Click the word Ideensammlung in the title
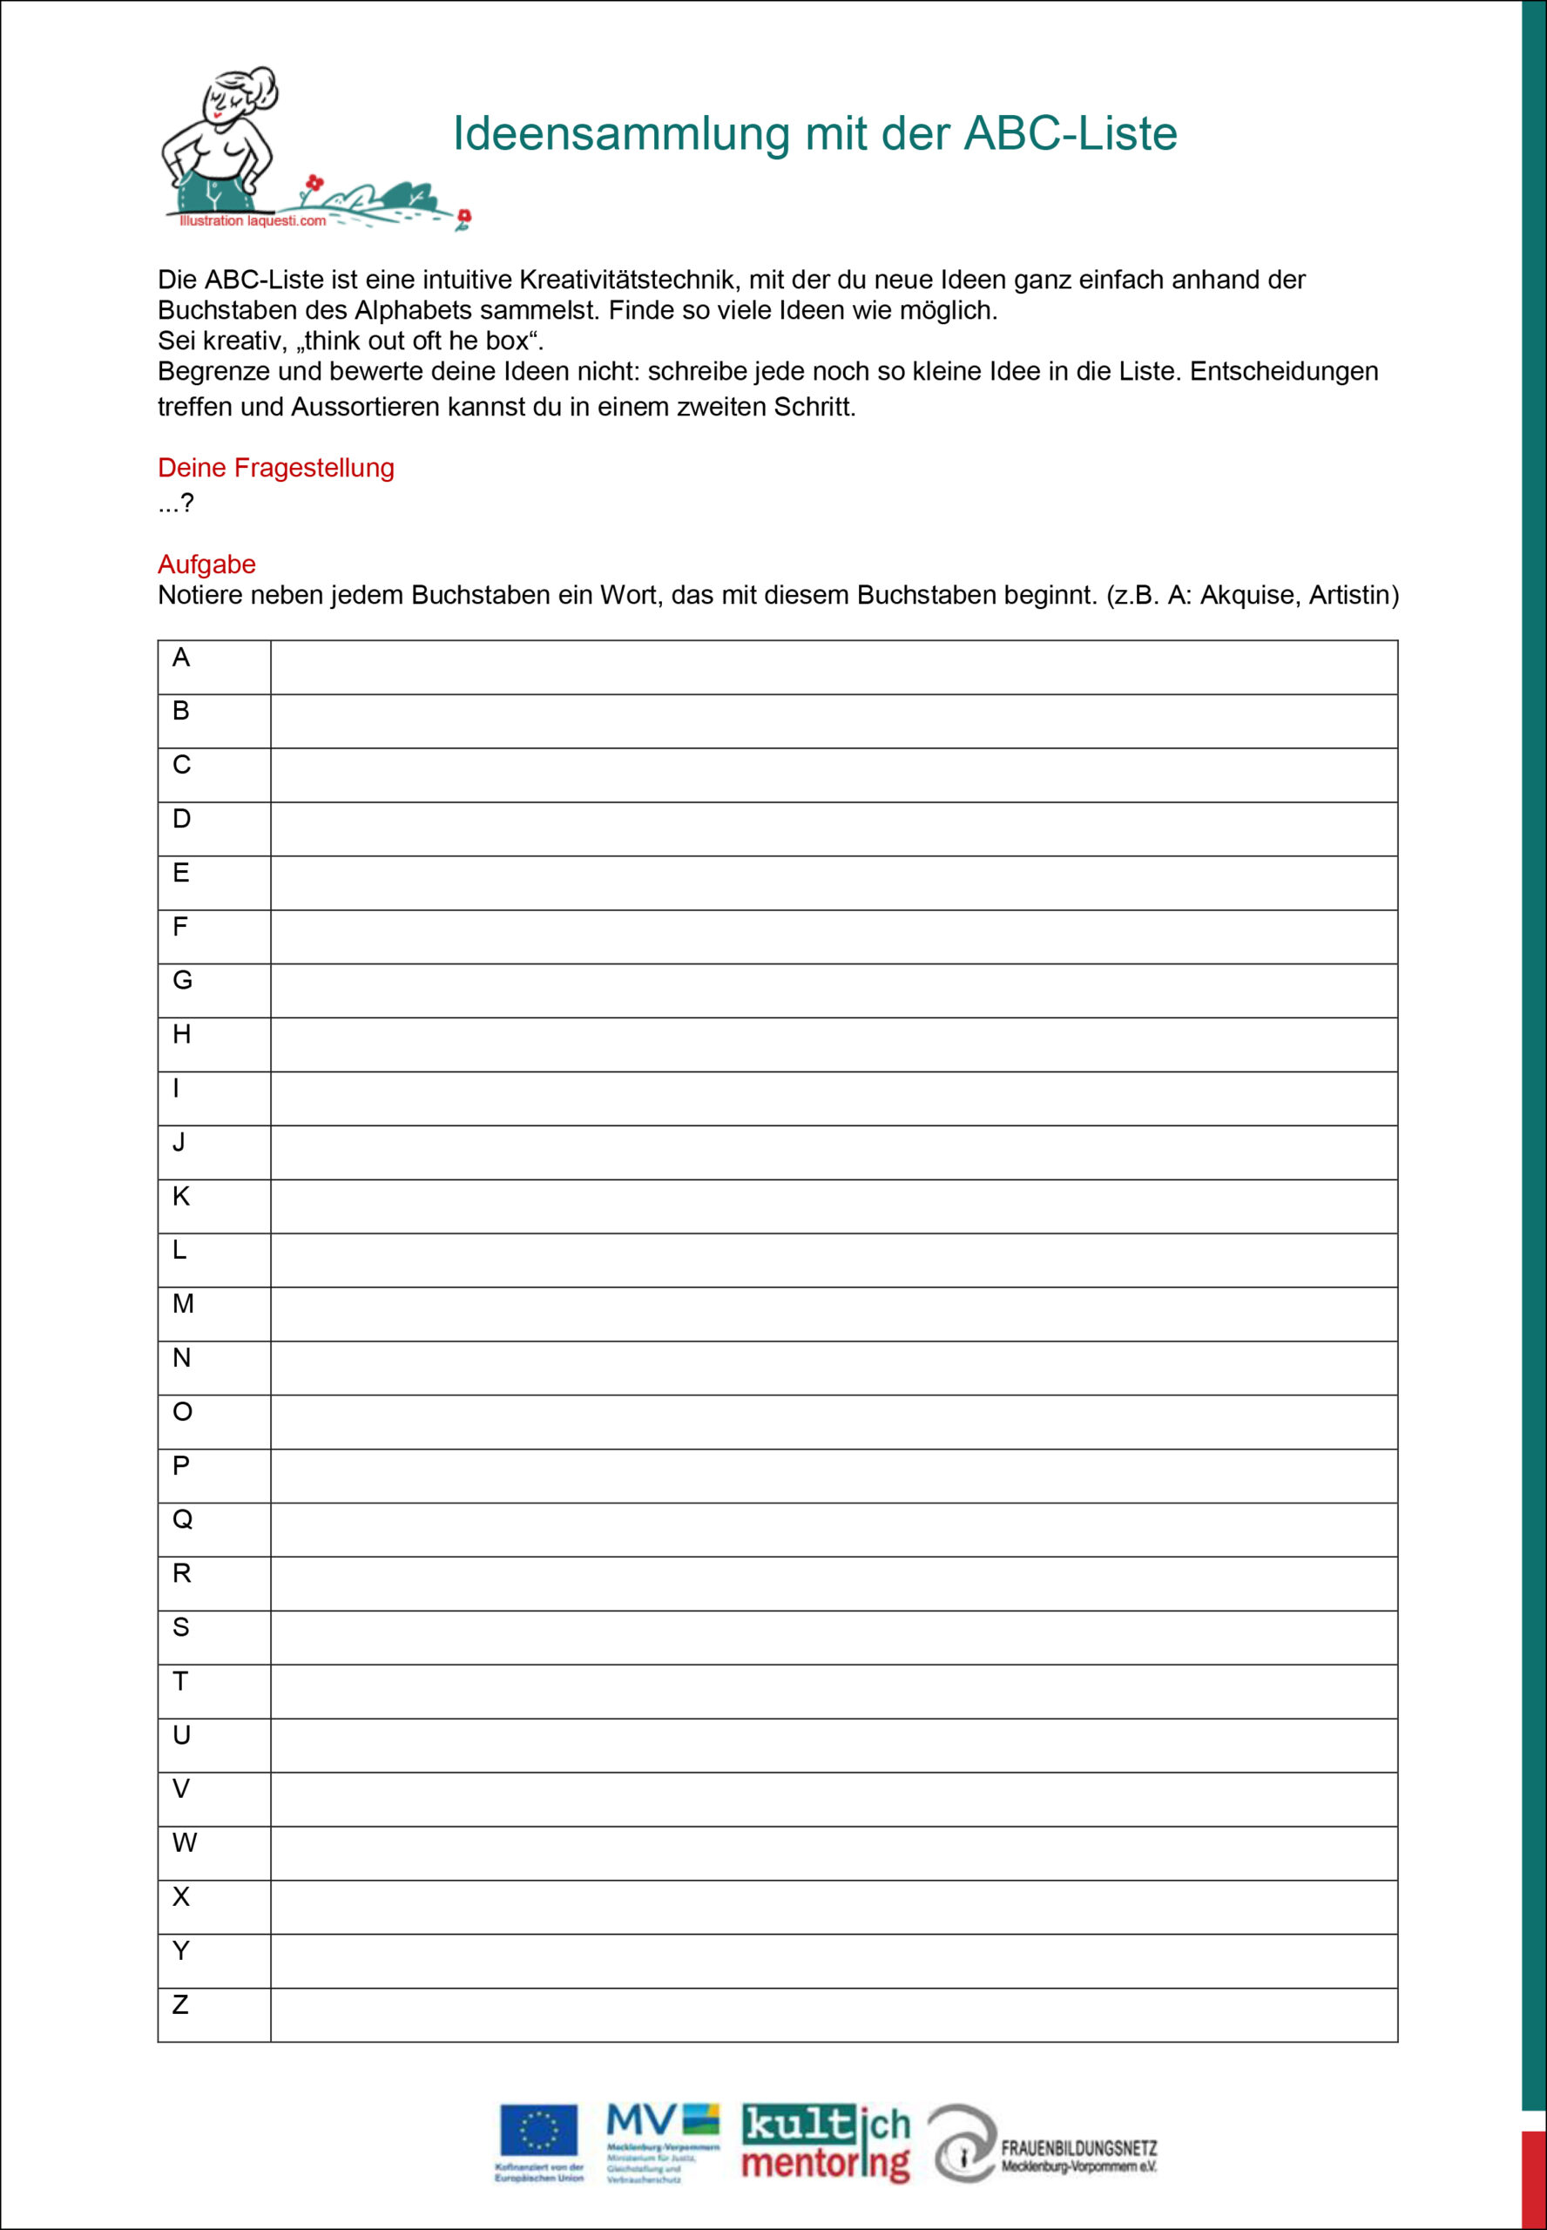click(x=620, y=134)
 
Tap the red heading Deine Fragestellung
click(x=275, y=467)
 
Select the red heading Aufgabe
click(x=206, y=564)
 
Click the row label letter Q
click(x=181, y=1518)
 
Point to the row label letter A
click(x=180, y=658)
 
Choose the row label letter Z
click(x=180, y=2004)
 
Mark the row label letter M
click(x=182, y=1303)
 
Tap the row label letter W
click(x=183, y=1842)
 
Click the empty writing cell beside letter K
click(x=834, y=1206)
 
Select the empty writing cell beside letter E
click(x=834, y=883)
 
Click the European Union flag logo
click(x=539, y=2129)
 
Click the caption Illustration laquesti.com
click(x=252, y=221)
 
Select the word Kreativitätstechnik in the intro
click(x=627, y=280)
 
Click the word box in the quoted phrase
click(x=506, y=341)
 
